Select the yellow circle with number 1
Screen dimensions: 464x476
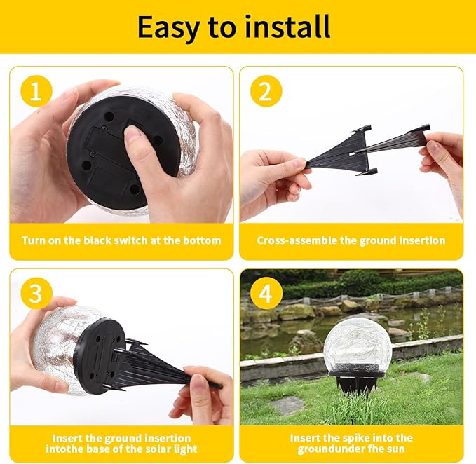pos(34,92)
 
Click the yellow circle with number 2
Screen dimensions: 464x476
pos(266,91)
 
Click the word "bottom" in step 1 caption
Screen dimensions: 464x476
pos(203,240)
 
